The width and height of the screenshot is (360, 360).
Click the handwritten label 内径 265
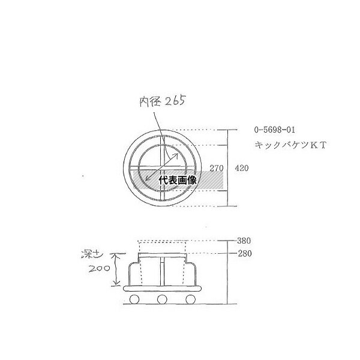(x=162, y=101)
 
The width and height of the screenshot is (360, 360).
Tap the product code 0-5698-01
(x=274, y=130)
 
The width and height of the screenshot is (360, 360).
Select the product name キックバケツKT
(x=290, y=145)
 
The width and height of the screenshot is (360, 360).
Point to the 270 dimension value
(x=216, y=168)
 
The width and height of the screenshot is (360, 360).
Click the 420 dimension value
(x=242, y=168)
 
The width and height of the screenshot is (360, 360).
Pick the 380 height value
(x=244, y=241)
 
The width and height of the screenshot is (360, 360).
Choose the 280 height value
(x=245, y=253)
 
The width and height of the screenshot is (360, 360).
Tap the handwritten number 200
(x=99, y=268)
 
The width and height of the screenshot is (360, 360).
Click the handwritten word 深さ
(x=92, y=254)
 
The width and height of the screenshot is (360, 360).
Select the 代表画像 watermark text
(x=178, y=180)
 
